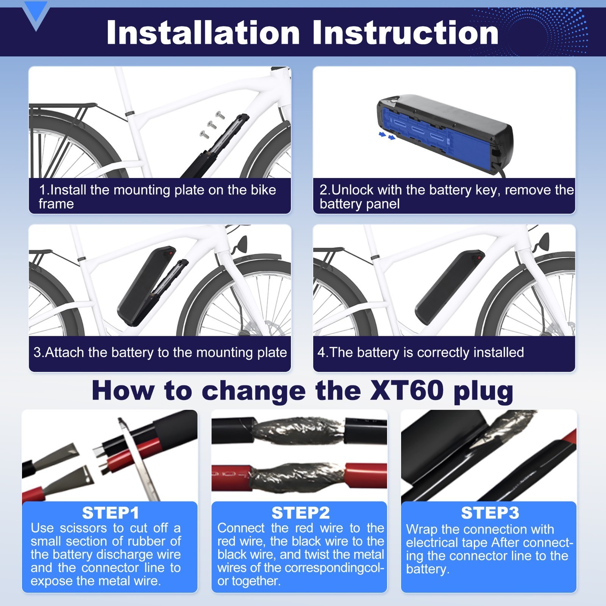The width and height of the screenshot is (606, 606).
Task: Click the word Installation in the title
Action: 203,33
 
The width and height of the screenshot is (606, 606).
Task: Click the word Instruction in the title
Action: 405,33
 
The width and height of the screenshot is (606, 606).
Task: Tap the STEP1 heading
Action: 111,513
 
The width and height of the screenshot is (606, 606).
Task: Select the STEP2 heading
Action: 300,513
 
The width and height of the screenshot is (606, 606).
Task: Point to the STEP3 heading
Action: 490,513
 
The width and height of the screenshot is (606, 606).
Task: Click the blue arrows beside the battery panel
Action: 387,136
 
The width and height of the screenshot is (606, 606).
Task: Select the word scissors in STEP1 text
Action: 83,528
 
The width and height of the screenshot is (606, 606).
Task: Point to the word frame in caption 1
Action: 56,204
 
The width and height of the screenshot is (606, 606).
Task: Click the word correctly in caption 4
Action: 445,352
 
